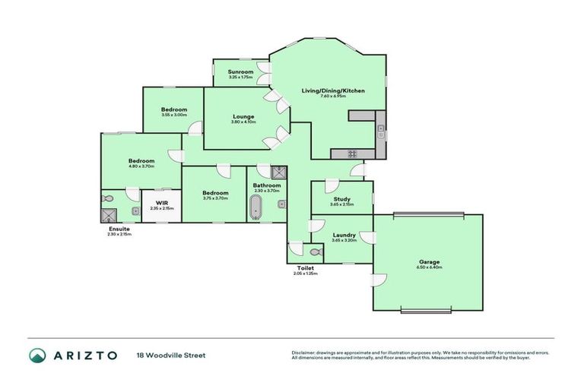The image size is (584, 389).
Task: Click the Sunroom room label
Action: [241, 71]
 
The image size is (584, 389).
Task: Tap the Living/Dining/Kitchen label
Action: [333, 90]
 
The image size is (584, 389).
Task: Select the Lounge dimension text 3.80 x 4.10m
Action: [243, 122]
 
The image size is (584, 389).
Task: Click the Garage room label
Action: [429, 262]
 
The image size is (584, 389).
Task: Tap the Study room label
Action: [341, 198]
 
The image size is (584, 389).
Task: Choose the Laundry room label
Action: [344, 236]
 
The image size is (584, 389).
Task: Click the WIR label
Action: [161, 203]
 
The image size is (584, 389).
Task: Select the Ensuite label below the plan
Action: [119, 229]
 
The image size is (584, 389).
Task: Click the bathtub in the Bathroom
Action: [255, 206]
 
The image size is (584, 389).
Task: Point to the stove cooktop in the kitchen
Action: [353, 153]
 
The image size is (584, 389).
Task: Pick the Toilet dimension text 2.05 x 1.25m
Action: [305, 274]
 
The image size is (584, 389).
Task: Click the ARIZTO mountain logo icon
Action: [37, 355]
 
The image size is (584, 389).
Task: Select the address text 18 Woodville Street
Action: [171, 355]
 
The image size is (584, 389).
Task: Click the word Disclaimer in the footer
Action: [304, 353]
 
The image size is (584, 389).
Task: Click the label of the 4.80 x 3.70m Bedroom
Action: [141, 160]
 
